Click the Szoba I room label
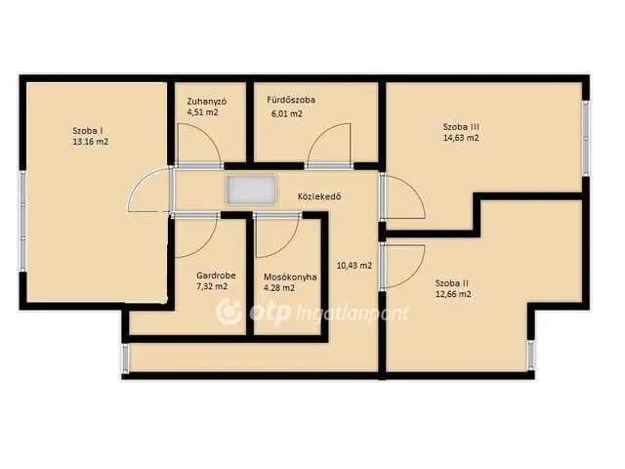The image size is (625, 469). (x=88, y=130)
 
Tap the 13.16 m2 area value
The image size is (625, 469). (x=91, y=142)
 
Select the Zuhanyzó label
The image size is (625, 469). (x=207, y=102)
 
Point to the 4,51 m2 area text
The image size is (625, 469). (x=202, y=112)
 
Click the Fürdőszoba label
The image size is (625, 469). (x=291, y=100)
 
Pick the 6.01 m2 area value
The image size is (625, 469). (x=287, y=114)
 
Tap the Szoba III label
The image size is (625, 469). (x=461, y=127)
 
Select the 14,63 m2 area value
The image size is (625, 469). (x=461, y=138)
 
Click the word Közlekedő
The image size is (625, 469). (x=319, y=196)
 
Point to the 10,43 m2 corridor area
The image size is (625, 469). (x=354, y=266)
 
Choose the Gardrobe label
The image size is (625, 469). (x=216, y=276)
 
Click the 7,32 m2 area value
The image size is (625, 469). (x=212, y=286)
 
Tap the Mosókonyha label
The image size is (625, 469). (x=290, y=277)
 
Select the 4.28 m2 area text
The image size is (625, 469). (x=279, y=288)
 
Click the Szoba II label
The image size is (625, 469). (x=451, y=283)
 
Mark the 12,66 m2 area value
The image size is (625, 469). (x=453, y=294)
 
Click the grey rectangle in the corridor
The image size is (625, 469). (x=251, y=191)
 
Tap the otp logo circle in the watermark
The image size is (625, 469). (x=229, y=312)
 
